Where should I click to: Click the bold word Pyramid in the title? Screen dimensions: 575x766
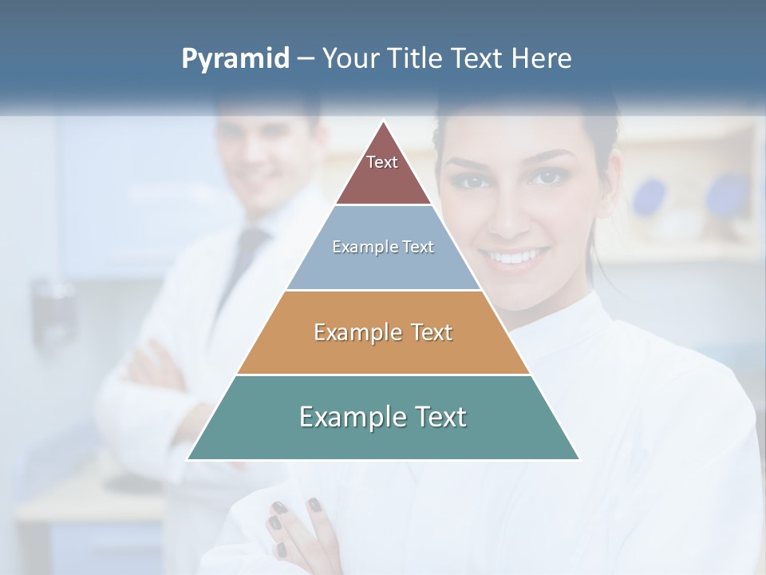[x=235, y=59]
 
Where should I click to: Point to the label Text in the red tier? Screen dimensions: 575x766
[x=382, y=162]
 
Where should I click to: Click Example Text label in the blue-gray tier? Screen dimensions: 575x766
[x=383, y=247]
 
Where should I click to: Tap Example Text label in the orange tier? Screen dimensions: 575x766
[x=383, y=332]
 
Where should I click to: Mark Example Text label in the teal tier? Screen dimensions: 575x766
[x=383, y=417]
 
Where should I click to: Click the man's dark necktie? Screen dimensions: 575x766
[x=249, y=256]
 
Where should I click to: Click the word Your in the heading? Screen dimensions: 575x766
[x=352, y=58]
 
